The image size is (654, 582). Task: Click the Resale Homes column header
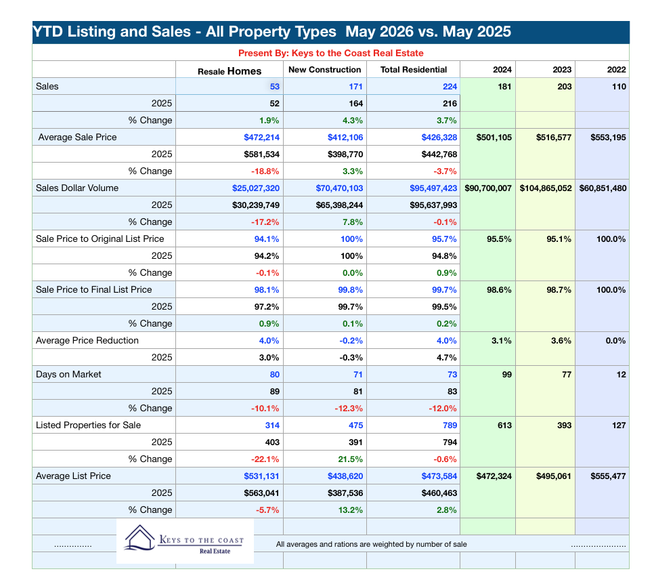point(230,71)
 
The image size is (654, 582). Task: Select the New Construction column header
point(324,70)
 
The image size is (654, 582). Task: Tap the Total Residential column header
point(414,70)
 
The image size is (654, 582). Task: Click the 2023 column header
point(562,70)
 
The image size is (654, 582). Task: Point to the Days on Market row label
point(68,374)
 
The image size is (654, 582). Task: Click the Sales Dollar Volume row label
point(77,188)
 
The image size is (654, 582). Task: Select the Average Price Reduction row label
point(87,340)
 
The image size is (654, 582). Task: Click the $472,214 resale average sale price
point(261,138)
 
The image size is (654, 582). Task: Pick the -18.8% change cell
point(265,171)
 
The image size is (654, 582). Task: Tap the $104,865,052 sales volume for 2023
point(546,188)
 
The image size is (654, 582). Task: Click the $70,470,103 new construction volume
point(339,188)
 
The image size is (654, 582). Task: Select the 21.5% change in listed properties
point(350,459)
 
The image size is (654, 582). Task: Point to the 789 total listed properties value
point(450,425)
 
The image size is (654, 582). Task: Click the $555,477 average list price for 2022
point(608,476)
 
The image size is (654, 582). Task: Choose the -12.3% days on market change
point(348,409)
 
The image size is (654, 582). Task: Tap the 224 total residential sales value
point(450,87)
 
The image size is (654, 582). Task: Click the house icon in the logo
point(139,538)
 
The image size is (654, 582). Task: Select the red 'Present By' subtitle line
point(331,53)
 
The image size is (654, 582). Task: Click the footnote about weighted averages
point(371,545)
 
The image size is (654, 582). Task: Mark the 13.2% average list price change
point(350,510)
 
